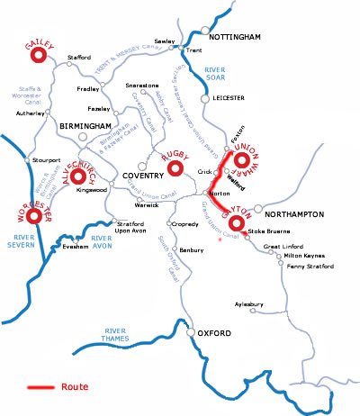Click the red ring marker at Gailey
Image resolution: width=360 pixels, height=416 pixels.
[x=39, y=56]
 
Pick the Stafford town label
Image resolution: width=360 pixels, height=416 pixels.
[x=80, y=58]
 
